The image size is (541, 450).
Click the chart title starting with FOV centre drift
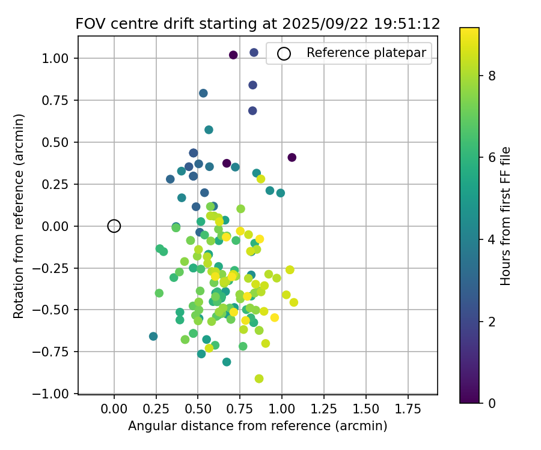coord(257,24)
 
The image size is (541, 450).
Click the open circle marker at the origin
coord(114,226)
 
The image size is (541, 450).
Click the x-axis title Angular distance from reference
coord(257,426)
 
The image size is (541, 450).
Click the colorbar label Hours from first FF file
coord(506,216)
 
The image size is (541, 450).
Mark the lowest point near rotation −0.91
coord(259,379)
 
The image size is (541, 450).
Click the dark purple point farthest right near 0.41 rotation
coord(292,157)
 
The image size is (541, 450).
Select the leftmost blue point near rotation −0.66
coord(153,337)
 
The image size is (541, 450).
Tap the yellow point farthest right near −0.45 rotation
coord(293,302)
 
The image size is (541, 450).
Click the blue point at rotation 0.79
coord(203,93)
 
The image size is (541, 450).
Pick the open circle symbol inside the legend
coord(284,53)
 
